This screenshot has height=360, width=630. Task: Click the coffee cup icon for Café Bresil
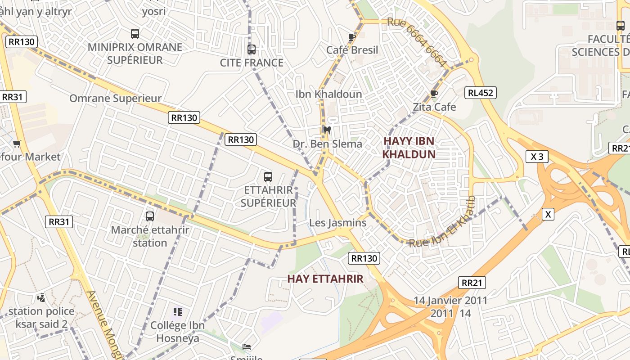(352, 37)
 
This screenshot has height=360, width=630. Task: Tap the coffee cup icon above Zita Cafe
(434, 94)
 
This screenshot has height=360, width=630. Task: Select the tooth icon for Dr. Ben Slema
(327, 130)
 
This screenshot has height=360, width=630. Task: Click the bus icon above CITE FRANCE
(252, 49)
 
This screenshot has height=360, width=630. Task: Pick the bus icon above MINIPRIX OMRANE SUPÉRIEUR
(135, 34)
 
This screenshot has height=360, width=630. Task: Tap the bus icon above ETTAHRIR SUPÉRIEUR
(268, 176)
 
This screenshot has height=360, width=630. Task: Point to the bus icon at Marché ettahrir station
(150, 216)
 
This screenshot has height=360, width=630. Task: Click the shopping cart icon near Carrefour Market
(17, 144)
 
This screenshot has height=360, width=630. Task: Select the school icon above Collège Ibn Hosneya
(177, 312)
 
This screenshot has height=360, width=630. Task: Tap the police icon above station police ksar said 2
(41, 298)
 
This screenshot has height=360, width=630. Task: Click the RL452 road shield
(481, 93)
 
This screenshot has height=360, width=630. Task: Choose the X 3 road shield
(537, 157)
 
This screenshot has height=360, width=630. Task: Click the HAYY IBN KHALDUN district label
(409, 148)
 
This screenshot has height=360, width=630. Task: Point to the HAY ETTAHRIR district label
(325, 279)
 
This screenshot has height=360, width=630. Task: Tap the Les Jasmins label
(337, 223)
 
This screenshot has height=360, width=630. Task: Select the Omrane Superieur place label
(115, 99)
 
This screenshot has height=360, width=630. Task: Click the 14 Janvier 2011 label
(450, 301)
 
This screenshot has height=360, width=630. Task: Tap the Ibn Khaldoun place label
(328, 94)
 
